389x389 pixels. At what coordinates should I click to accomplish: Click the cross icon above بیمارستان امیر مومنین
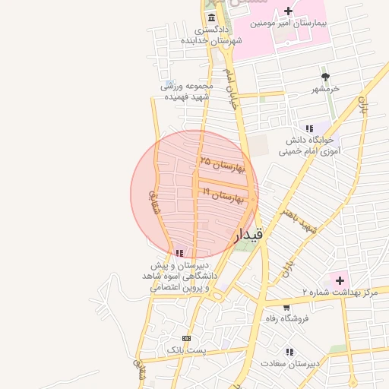pos(288,11)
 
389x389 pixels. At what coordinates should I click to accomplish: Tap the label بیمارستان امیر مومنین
pos(292,24)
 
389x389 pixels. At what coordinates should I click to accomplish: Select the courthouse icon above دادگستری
pos(211,18)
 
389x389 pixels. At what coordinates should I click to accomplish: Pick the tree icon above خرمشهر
pos(326,77)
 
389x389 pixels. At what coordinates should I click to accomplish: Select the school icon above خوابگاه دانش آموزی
pos(308,128)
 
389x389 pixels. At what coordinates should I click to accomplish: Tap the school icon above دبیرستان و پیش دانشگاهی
pos(179,253)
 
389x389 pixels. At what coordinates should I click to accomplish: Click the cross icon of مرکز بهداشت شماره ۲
pos(340,280)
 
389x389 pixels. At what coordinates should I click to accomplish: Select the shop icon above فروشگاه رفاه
pos(286,307)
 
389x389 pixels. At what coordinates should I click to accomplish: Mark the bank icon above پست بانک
pos(186,337)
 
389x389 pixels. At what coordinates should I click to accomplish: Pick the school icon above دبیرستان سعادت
pos(289,352)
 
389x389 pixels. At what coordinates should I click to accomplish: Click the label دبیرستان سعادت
pos(289,364)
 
